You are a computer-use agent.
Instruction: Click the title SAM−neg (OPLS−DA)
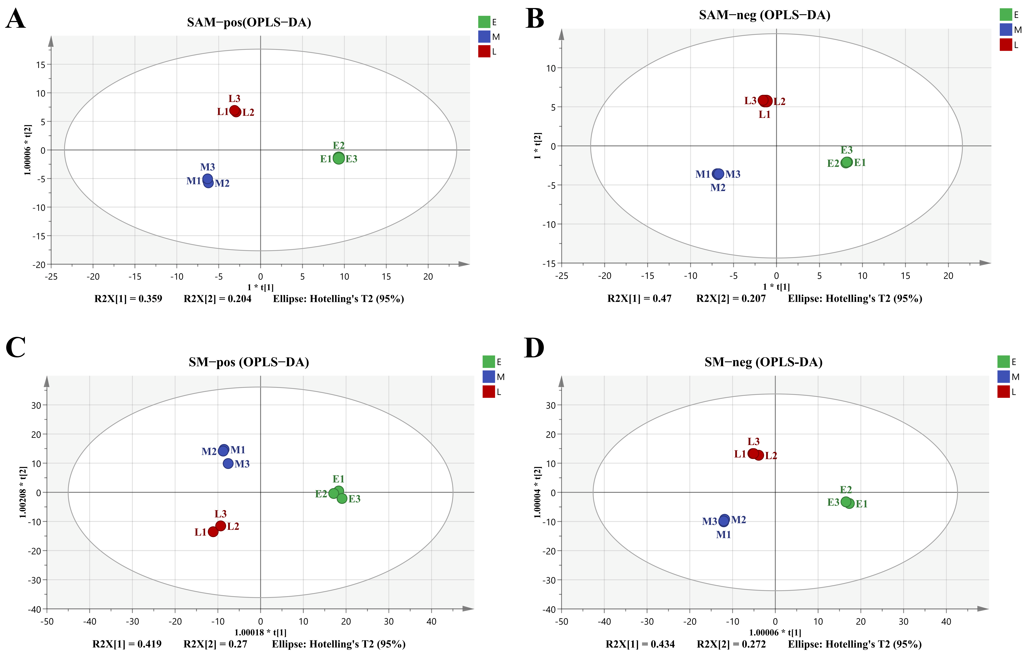(764, 15)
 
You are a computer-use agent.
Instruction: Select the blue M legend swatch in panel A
(484, 37)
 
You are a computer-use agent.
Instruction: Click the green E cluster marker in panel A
(339, 158)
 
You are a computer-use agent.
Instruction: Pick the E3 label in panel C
(354, 499)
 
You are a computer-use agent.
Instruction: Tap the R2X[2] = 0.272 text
(731, 644)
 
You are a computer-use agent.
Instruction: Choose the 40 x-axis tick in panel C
(431, 621)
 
